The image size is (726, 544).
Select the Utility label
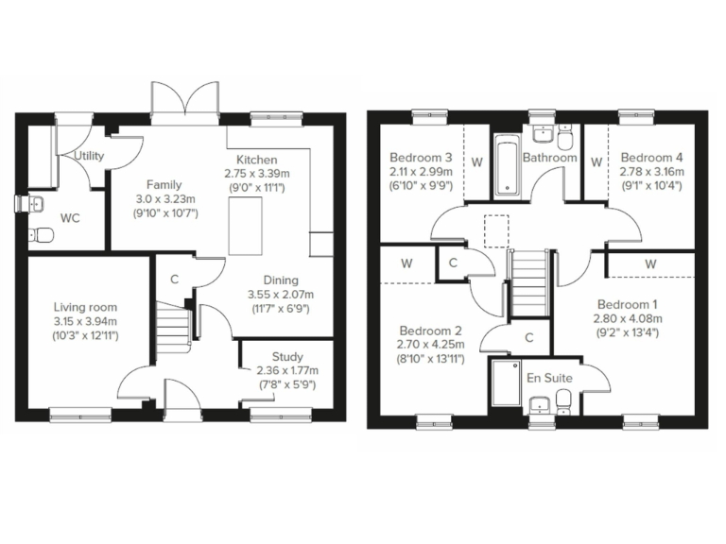88,156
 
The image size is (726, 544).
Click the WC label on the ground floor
70,218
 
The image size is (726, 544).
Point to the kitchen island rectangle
247,227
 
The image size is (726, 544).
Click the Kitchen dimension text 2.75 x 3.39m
257,174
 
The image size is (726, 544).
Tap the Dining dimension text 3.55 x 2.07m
282,295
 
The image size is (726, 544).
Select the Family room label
164,184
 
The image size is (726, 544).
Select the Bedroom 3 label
422,157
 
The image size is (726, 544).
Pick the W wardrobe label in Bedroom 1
650,264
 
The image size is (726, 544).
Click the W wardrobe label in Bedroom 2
406,263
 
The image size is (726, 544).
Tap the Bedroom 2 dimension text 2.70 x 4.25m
430,346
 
